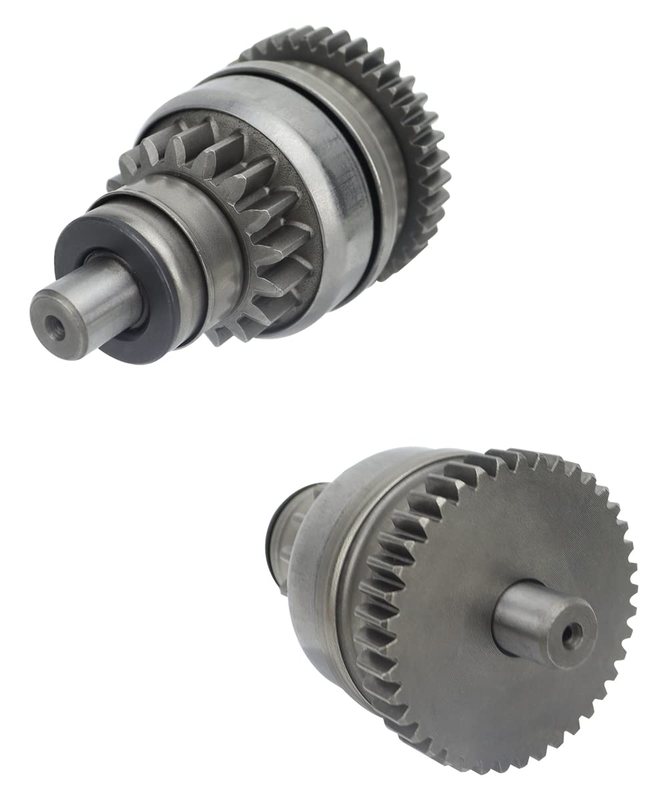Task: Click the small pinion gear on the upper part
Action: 267,220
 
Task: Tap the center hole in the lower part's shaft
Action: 571,635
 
